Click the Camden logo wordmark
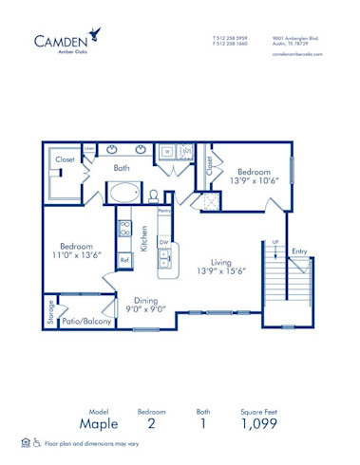65,40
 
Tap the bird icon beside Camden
96,34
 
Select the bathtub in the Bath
123,194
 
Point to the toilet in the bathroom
154,195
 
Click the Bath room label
122,168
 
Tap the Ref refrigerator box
123,259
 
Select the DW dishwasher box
163,243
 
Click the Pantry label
164,210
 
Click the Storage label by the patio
51,313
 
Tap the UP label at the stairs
275,243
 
